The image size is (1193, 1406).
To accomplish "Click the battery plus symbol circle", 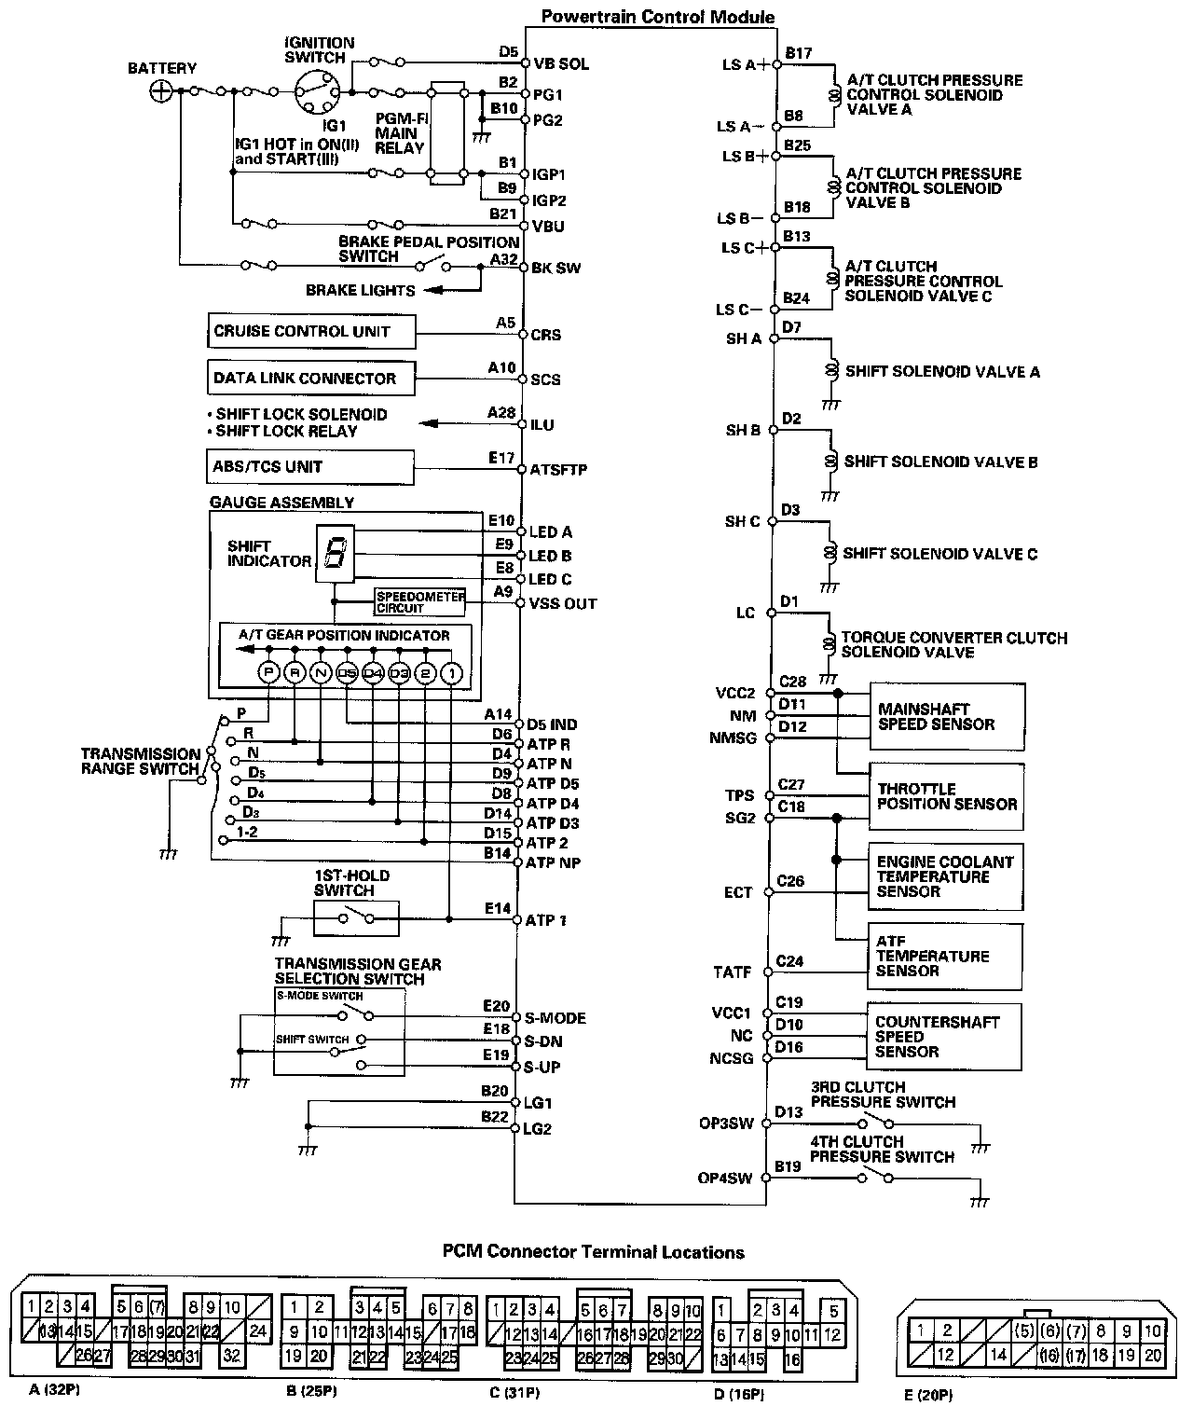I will [161, 90].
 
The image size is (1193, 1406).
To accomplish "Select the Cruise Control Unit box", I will [311, 332].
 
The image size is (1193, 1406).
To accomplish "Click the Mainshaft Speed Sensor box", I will [946, 717].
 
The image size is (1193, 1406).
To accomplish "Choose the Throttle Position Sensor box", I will [946, 796].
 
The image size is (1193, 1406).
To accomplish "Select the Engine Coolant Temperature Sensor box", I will [946, 876].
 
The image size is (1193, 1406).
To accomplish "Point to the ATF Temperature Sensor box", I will [946, 957].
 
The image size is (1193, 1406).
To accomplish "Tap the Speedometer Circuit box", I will [419, 602].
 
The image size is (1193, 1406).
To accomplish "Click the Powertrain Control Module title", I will [658, 17].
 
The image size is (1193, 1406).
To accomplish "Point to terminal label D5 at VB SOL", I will [508, 52].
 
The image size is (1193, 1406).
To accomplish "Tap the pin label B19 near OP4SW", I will [788, 1165].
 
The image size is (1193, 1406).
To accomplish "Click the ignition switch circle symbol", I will [313, 91].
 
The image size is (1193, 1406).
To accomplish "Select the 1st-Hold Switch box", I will [356, 918].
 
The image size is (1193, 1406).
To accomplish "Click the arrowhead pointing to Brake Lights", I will [430, 291].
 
